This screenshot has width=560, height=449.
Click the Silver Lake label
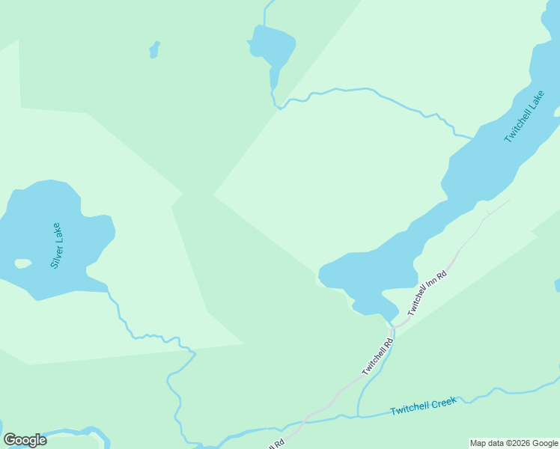(x=57, y=245)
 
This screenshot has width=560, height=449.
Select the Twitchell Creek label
(x=423, y=406)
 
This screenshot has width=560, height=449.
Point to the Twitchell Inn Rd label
(x=427, y=293)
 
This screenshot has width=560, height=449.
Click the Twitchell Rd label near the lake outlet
(x=377, y=358)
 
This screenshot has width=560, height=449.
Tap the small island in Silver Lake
(x=23, y=263)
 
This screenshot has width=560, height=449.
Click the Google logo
(x=25, y=440)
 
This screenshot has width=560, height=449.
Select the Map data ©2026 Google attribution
(x=514, y=444)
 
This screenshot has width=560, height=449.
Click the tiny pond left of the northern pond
(x=155, y=49)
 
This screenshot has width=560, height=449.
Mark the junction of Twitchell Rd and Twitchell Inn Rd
(x=392, y=329)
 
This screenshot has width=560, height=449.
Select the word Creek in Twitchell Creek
(x=443, y=403)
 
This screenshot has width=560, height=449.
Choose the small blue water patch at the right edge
(x=557, y=285)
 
